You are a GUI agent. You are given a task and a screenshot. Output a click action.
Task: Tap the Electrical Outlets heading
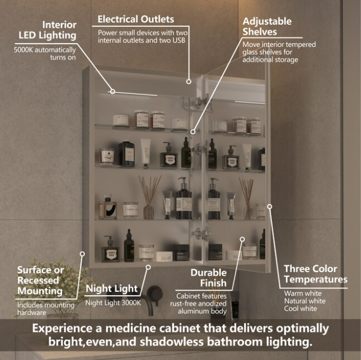[x=135, y=19]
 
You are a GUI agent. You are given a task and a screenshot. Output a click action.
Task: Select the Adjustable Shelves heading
[x=267, y=26]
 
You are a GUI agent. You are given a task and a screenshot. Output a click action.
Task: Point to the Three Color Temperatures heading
[x=316, y=274]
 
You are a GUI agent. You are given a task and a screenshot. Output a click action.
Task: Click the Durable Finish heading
[x=208, y=277]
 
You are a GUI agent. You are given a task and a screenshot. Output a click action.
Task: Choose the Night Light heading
[x=111, y=288]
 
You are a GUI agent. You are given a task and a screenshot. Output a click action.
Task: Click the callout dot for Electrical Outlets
[x=189, y=81]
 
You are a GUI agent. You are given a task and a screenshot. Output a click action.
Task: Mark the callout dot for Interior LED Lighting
[x=112, y=91]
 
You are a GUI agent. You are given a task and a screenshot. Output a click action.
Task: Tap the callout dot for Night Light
[x=148, y=266]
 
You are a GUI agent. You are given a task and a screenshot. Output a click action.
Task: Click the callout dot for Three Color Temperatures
[x=269, y=206]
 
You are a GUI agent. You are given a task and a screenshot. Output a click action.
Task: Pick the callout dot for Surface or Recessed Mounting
[x=83, y=252]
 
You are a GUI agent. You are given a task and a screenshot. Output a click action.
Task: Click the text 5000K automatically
[x=45, y=50]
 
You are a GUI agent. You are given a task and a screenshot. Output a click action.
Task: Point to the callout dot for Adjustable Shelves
[x=193, y=131]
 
